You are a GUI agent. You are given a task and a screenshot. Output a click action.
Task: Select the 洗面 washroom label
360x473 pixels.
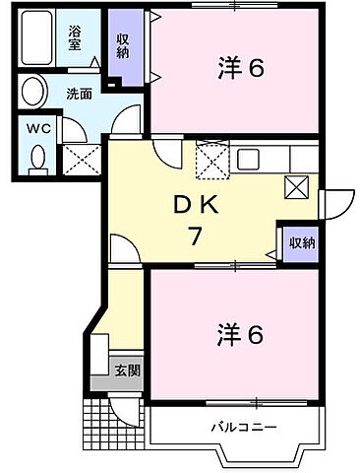coord(80,95)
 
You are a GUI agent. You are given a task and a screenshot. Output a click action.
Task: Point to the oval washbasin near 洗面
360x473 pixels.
coord(34,94)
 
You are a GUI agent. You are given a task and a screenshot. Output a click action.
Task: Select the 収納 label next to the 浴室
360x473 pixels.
coord(124,45)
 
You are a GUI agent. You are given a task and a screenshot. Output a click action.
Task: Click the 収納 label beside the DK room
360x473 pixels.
coord(302,242)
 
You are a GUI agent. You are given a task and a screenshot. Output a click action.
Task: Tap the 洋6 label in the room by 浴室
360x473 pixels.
coord(240,69)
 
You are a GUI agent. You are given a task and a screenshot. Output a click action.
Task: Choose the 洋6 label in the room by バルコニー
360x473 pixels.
coord(240,335)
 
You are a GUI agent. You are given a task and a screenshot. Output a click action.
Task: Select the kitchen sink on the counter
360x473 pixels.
coord(247,158)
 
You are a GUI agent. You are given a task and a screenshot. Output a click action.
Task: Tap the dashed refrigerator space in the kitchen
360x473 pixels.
coord(210,158)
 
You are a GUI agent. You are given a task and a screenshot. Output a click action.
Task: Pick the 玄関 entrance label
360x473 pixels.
coord(127,371)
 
